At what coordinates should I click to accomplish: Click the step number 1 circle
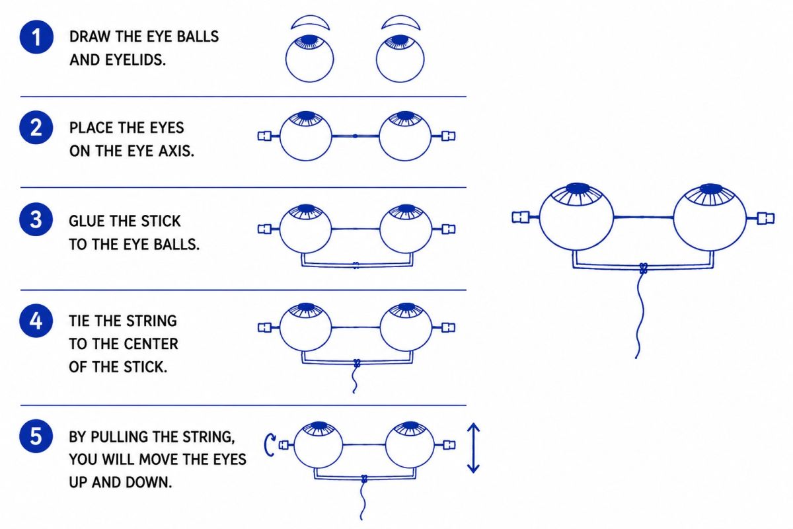(36, 37)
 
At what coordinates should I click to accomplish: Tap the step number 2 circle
(36, 128)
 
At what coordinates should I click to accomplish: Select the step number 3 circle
(36, 220)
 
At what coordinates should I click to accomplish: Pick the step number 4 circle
(36, 321)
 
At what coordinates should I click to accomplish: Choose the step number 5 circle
(36, 436)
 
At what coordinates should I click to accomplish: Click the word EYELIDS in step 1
(135, 60)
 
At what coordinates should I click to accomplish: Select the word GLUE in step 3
(87, 221)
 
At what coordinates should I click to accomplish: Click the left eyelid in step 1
(310, 23)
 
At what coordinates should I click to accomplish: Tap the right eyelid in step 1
(400, 23)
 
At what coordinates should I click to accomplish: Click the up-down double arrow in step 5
(473, 448)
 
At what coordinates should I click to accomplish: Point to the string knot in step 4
(357, 363)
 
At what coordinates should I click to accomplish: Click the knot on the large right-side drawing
(644, 268)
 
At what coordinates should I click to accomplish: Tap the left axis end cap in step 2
(264, 136)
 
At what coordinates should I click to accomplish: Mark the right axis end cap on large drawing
(765, 218)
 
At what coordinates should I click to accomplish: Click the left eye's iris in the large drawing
(578, 195)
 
